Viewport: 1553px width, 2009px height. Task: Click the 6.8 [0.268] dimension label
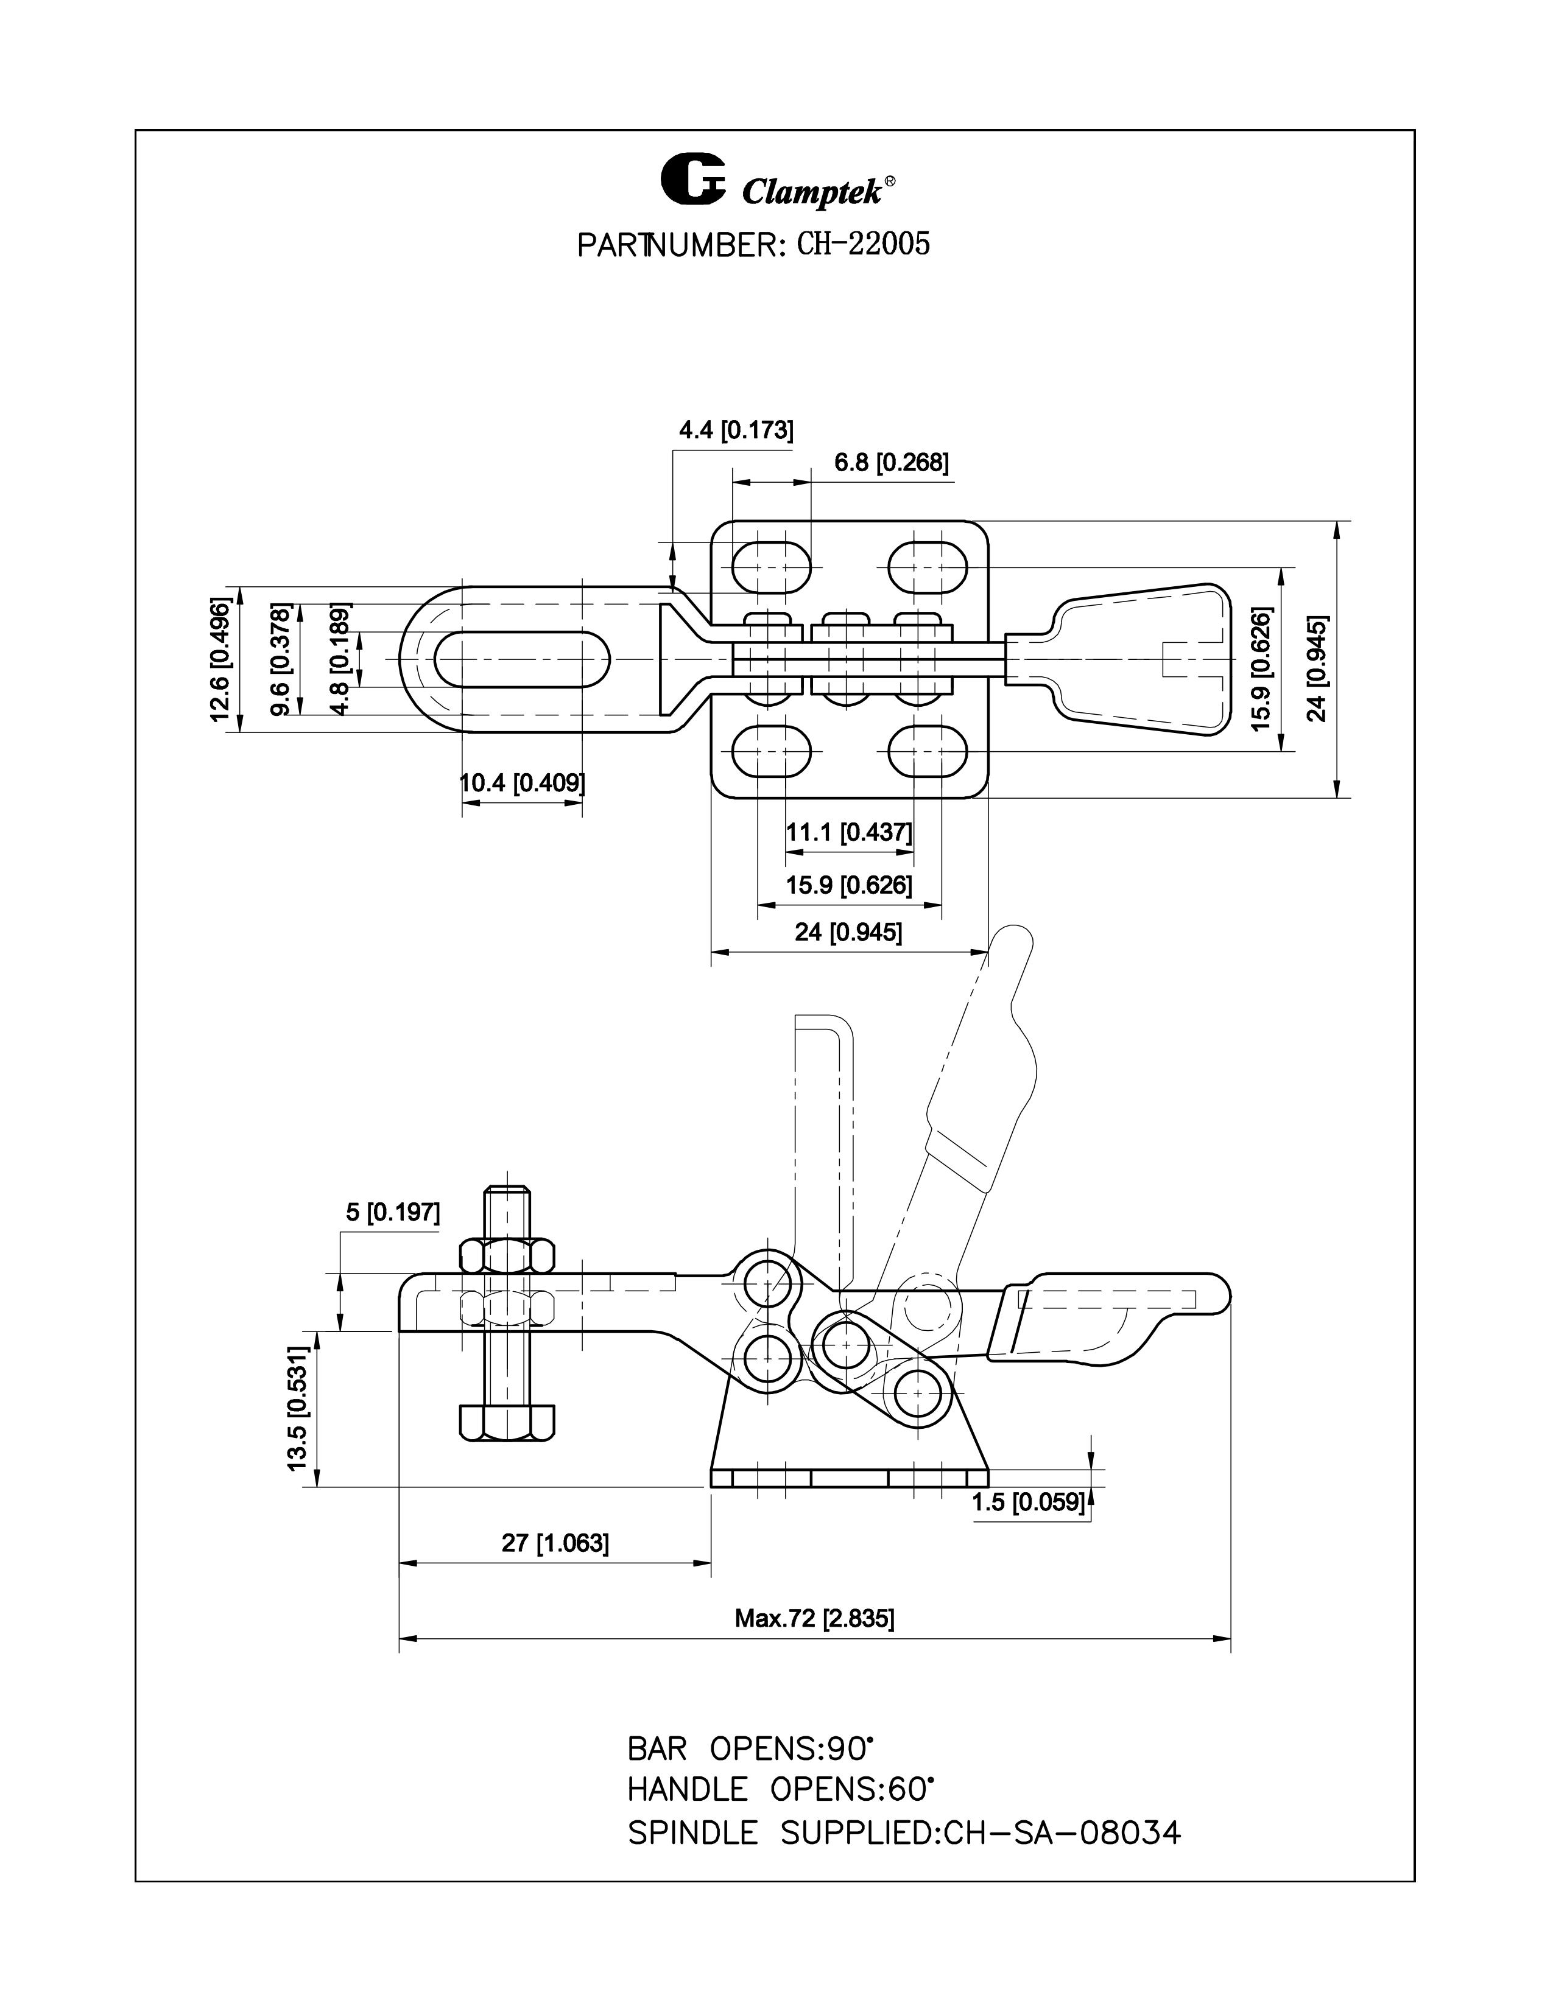coord(890,463)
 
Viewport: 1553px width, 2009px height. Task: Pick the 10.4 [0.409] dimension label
coord(523,783)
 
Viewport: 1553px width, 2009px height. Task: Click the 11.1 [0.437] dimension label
coord(848,832)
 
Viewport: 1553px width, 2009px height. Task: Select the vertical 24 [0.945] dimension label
coord(1317,659)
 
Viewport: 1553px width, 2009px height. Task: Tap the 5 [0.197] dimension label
coord(393,1212)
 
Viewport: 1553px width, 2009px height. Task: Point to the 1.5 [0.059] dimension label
coord(1029,1502)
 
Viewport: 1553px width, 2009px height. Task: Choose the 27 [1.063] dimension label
coord(555,1543)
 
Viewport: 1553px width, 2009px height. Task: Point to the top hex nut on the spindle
coord(507,1255)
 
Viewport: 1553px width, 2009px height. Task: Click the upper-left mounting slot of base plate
coord(772,567)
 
